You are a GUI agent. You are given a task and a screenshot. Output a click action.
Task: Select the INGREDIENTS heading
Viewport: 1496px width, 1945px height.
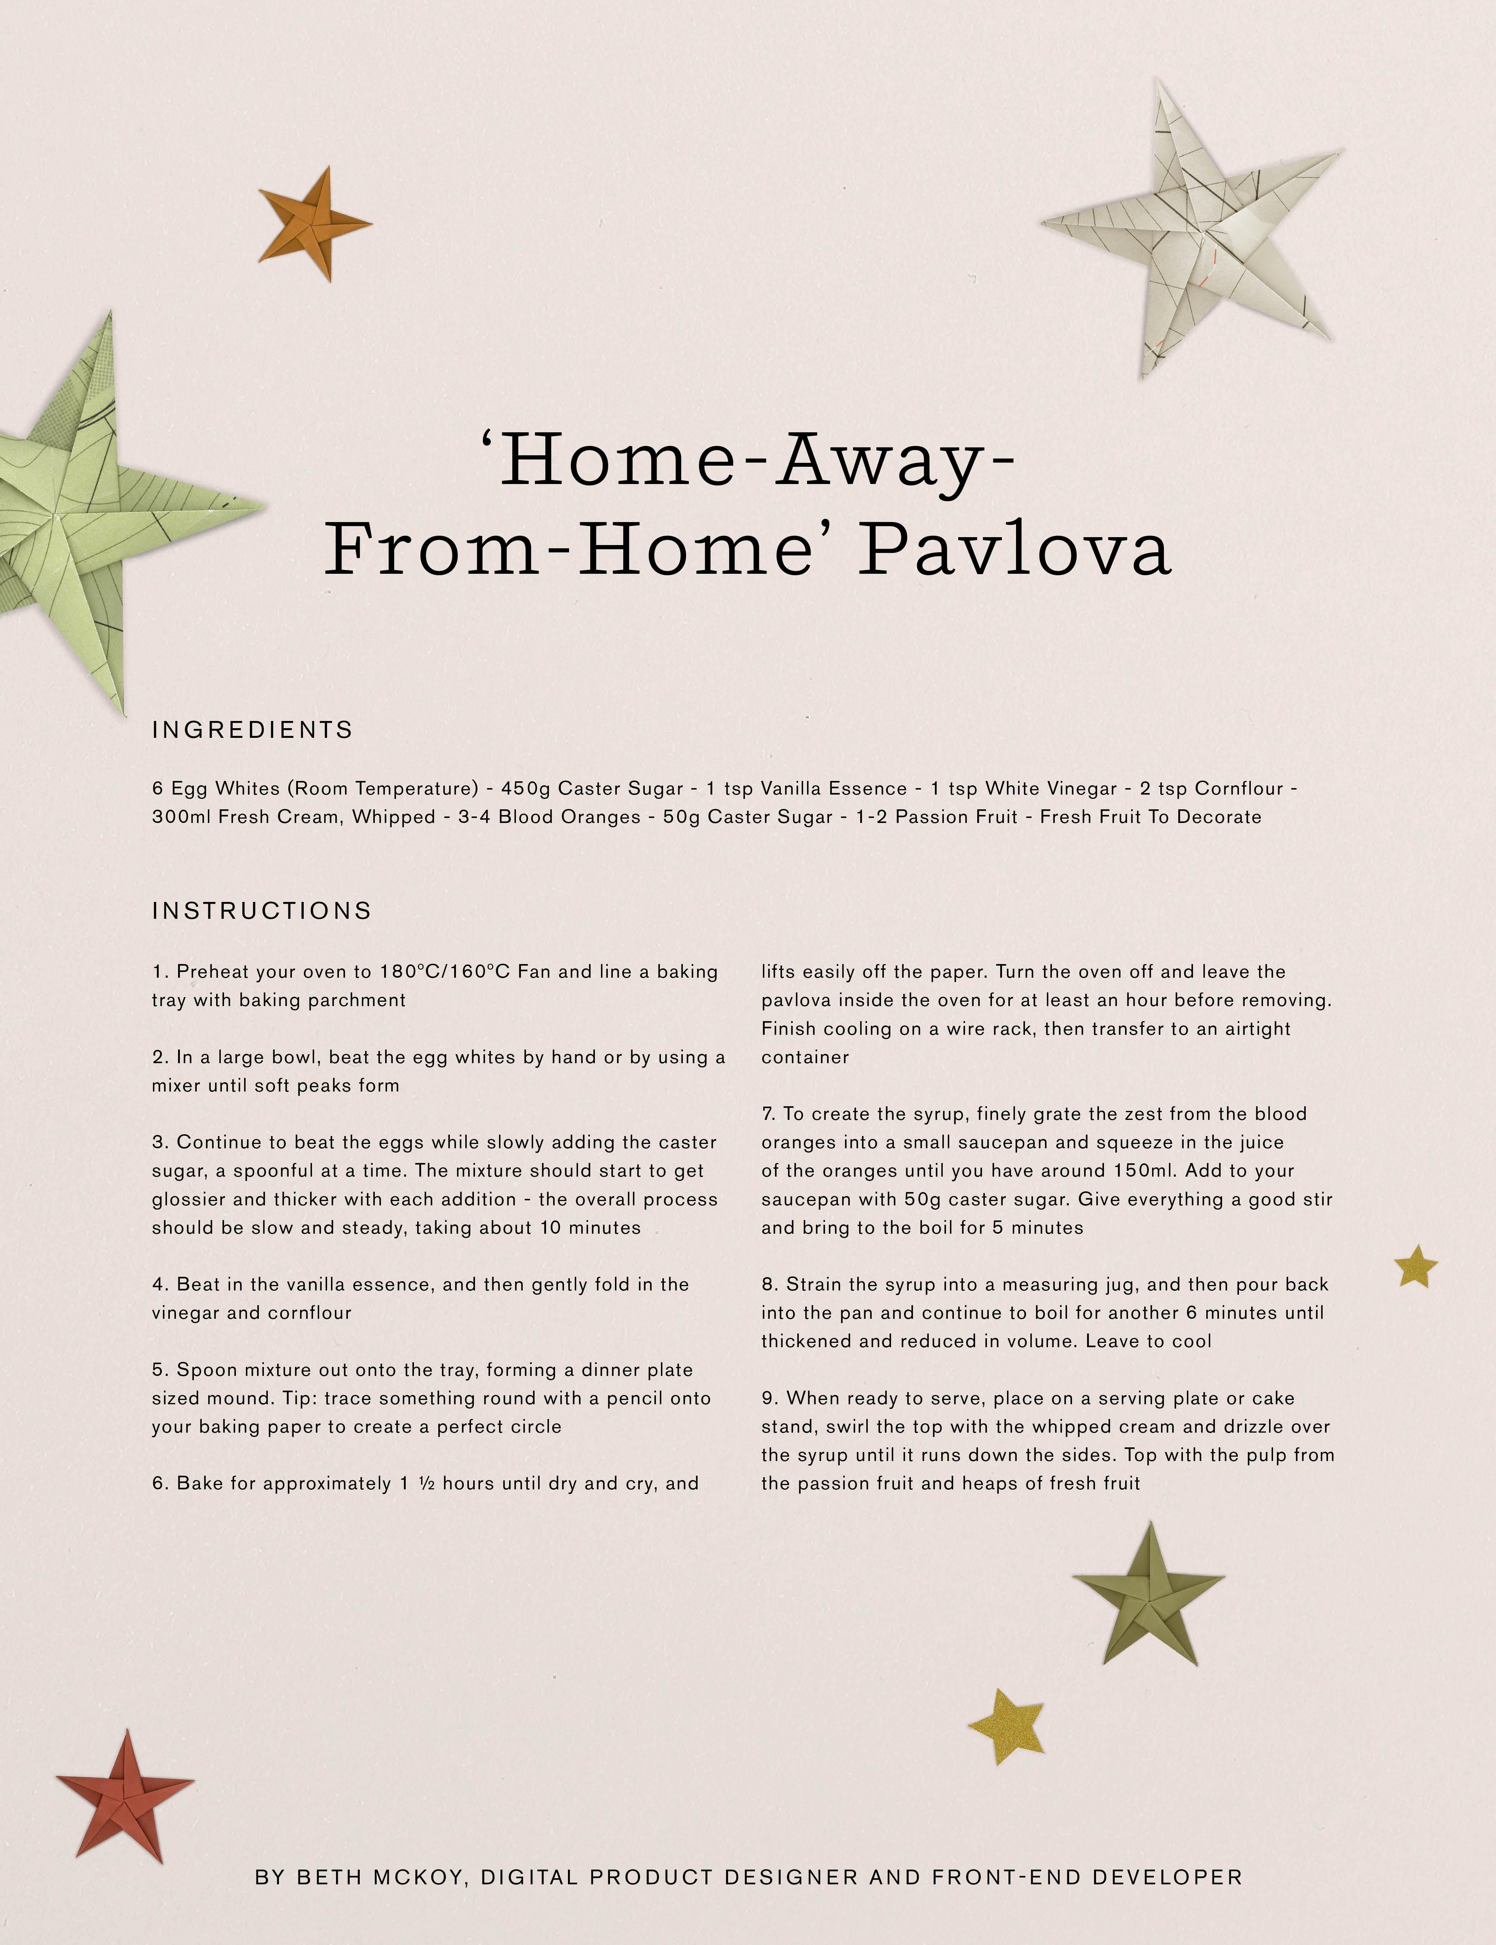(x=253, y=730)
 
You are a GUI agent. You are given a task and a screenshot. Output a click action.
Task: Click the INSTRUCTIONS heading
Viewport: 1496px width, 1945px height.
(x=262, y=911)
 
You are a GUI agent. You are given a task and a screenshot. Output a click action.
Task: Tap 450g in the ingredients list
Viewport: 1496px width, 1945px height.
(x=525, y=788)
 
